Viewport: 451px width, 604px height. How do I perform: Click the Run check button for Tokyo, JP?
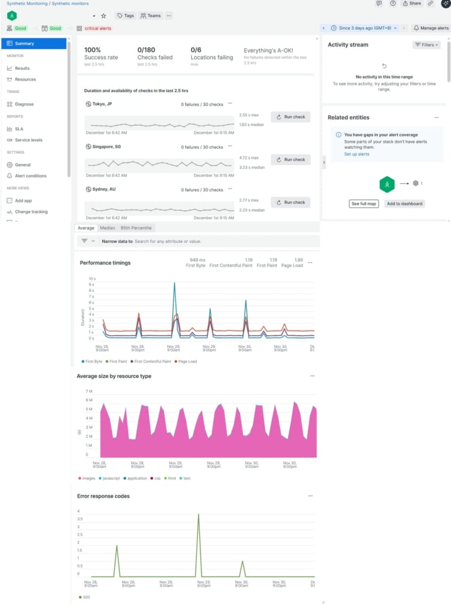point(290,117)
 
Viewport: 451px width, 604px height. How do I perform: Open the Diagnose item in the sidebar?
point(24,104)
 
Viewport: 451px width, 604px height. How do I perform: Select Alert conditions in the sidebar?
point(30,176)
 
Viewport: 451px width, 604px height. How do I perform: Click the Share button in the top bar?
point(412,3)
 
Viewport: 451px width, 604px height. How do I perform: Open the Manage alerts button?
point(431,28)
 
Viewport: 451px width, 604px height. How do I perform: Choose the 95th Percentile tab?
point(136,228)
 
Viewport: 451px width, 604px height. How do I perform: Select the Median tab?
point(107,228)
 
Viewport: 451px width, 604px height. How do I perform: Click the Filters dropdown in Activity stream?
point(426,45)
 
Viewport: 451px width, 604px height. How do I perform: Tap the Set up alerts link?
point(357,154)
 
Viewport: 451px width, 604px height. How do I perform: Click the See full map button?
point(364,204)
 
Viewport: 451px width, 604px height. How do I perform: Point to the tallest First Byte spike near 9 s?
point(174,284)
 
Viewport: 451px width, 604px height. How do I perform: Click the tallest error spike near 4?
point(198,515)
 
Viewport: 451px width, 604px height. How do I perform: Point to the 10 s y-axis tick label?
point(92,279)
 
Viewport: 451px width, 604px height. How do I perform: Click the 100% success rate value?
point(92,50)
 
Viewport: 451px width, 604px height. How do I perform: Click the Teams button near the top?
point(151,16)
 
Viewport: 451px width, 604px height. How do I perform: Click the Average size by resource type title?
point(114,376)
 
